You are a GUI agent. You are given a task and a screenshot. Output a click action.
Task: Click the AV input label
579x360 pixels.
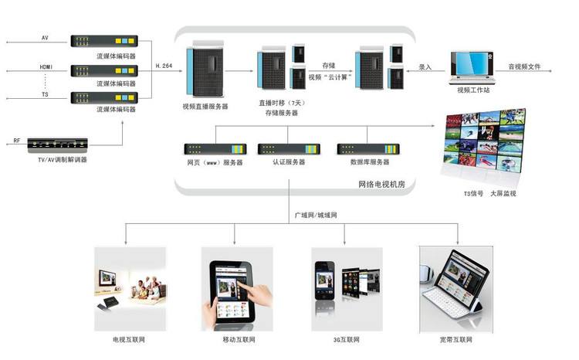[x=44, y=37]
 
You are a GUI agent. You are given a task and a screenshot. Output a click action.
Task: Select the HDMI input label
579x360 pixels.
[x=46, y=67]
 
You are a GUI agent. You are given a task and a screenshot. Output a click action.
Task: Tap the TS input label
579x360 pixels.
[x=44, y=94]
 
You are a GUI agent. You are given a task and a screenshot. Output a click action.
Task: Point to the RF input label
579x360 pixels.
[x=17, y=141]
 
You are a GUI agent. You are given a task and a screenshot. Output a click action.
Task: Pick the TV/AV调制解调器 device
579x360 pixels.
[x=57, y=144]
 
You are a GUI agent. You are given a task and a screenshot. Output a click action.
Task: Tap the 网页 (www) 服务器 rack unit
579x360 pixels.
[x=215, y=148]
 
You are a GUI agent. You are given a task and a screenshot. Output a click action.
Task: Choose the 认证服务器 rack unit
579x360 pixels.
[x=289, y=148]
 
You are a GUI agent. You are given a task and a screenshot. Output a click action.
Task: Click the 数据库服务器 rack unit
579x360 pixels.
[x=369, y=148]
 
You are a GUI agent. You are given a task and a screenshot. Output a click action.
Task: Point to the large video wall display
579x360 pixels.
[x=487, y=143]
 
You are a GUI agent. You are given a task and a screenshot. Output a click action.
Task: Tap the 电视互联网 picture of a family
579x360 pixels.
[x=129, y=283]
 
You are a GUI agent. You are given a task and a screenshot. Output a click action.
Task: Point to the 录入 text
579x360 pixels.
[x=425, y=66]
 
